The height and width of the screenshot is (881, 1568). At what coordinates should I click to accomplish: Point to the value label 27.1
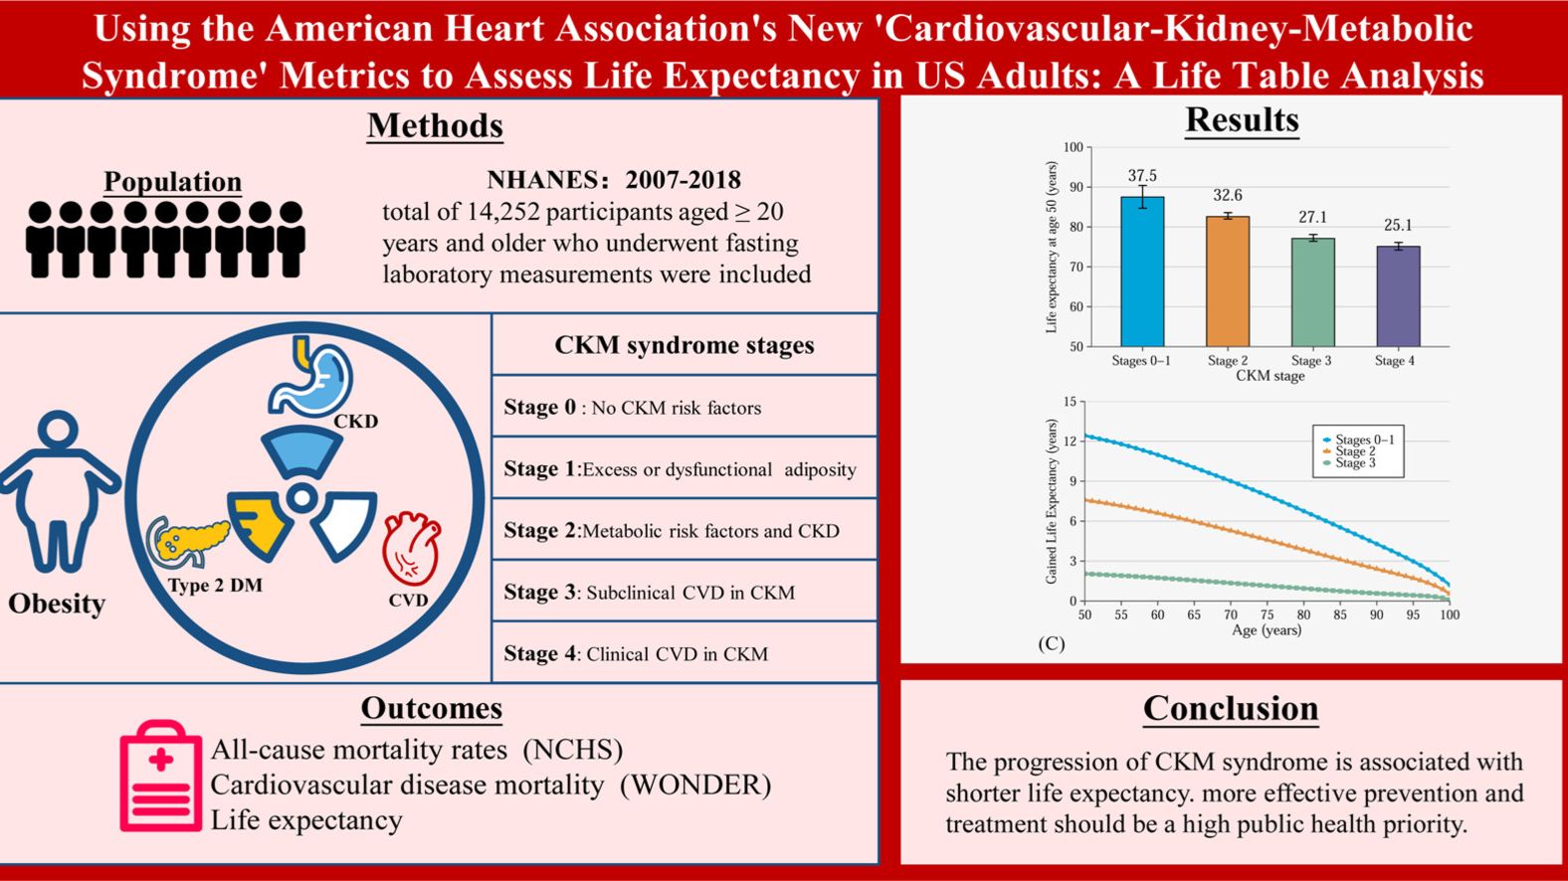[x=1312, y=217]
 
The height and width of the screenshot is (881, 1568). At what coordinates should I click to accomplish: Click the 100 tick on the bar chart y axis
[x=1073, y=147]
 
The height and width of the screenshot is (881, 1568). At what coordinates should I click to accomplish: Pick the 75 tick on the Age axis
[x=1268, y=615]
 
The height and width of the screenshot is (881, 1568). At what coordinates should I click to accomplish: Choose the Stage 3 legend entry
[x=1355, y=463]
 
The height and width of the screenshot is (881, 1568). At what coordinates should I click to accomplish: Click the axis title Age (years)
[x=1267, y=630]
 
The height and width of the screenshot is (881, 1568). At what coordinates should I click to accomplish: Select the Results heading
[x=1242, y=120]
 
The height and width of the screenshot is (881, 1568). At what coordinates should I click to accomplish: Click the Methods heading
[x=435, y=126]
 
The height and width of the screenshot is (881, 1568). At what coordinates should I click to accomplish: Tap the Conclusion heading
[x=1231, y=708]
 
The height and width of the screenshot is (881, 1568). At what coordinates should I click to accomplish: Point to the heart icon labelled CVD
[x=411, y=548]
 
